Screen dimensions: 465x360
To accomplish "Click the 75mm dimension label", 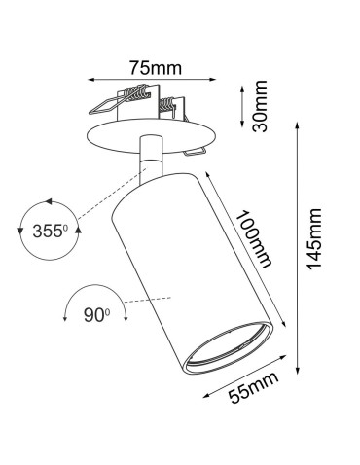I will pyautogui.click(x=154, y=67).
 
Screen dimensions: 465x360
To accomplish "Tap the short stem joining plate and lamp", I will pyautogui.click(x=152, y=159).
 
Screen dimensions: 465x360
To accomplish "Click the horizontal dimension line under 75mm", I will pyautogui.click(x=154, y=80).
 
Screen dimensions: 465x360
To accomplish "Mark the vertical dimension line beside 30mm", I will pyautogui.click(x=243, y=106).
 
